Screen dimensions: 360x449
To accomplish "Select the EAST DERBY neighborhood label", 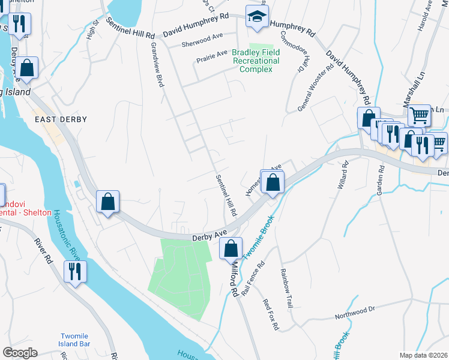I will click(61, 119).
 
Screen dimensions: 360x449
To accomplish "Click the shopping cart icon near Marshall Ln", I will click(420, 114).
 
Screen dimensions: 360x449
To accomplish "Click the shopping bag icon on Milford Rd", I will click(231, 247).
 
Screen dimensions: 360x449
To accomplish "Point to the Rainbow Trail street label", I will click(286, 288).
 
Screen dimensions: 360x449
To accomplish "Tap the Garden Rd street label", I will click(380, 178).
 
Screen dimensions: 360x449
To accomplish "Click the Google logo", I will click(20, 353).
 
